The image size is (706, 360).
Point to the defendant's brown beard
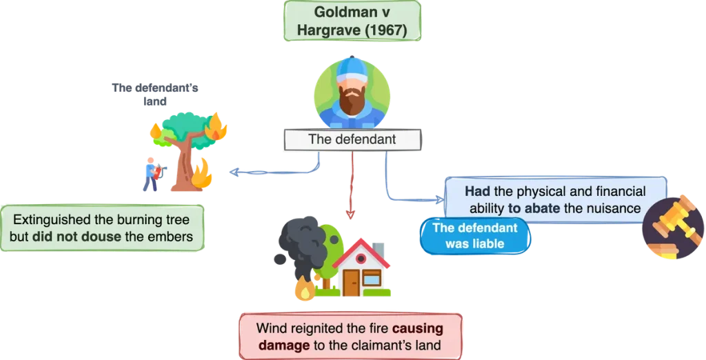coord(352,101)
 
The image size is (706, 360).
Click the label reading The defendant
coord(352,139)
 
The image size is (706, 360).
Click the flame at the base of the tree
coord(203,174)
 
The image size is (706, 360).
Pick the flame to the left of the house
coord(303,290)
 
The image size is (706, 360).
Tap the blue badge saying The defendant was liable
coord(476,236)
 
